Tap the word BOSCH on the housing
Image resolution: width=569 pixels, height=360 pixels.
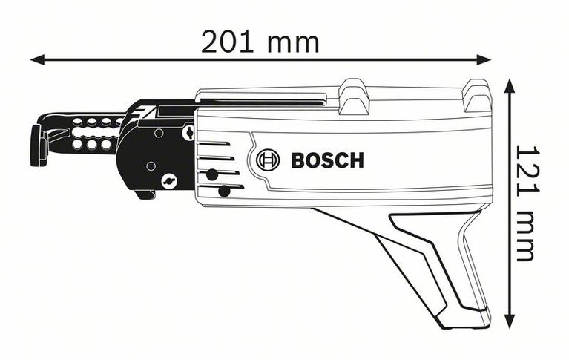pos(327,160)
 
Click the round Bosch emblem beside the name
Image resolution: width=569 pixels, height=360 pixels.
pos(267,160)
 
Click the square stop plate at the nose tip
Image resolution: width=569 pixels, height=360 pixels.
pos(35,145)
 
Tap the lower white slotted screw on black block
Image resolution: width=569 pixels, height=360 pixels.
pos(169,180)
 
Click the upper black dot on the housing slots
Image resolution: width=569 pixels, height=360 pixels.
pos(212,175)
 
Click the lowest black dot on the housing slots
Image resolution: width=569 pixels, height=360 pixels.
pos(223,192)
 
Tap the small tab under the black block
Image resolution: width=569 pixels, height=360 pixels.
pos(145,194)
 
